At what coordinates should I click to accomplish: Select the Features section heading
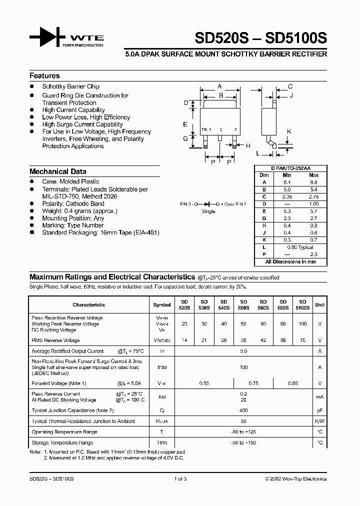(44, 76)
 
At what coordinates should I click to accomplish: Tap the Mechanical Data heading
(57, 171)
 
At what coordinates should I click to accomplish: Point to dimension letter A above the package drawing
(219, 86)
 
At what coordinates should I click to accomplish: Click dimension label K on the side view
(288, 131)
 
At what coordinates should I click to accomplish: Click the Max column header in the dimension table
(313, 175)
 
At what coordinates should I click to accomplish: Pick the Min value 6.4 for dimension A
(287, 182)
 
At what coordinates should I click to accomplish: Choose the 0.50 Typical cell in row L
(300, 247)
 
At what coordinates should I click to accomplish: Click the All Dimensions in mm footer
(290, 261)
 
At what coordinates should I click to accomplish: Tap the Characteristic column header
(89, 304)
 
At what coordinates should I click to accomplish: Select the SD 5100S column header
(302, 305)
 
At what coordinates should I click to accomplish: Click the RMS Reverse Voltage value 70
(302, 340)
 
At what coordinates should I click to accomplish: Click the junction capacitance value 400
(243, 410)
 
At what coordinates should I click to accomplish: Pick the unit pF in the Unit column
(319, 410)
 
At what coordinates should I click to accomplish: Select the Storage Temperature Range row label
(62, 442)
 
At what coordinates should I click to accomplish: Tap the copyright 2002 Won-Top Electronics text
(295, 478)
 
